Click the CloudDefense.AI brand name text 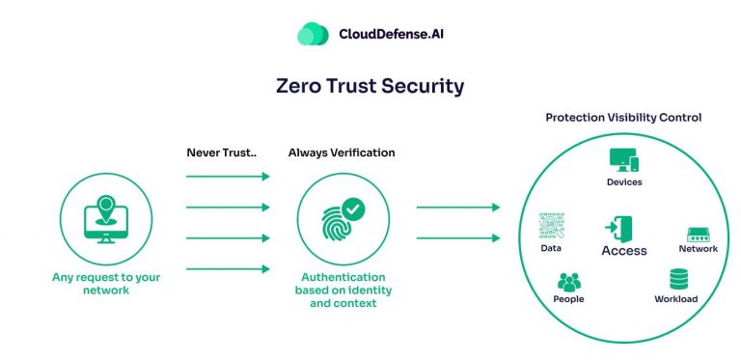point(391,35)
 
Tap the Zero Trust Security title point(370,86)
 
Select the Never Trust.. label point(220,152)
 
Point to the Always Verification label point(342,152)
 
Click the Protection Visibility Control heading point(623,118)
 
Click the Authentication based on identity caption point(342,290)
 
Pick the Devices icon point(624,159)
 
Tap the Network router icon point(698,235)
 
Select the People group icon point(570,283)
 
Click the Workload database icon point(677,280)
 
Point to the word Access point(624,251)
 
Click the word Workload point(676,299)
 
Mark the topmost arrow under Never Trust point(228,177)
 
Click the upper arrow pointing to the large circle point(457,208)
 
